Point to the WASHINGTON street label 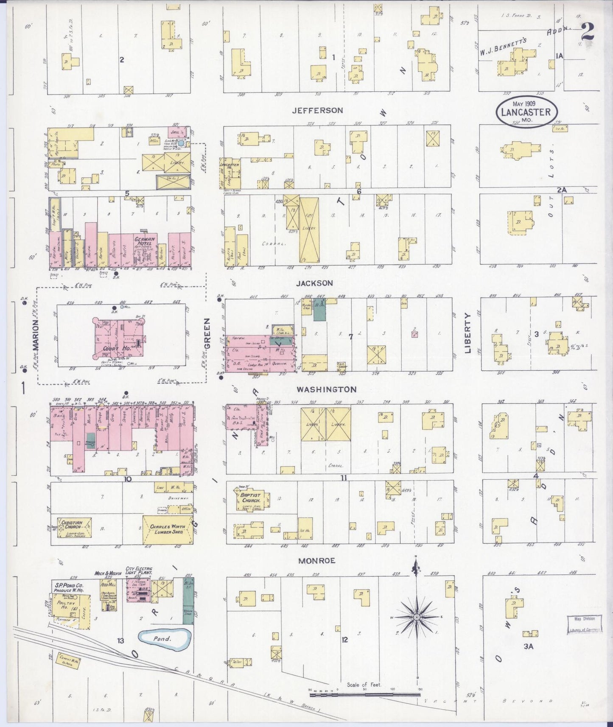(x=326, y=389)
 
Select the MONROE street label (x=316, y=561)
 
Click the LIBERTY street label (x=468, y=333)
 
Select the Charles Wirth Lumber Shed (x=168, y=530)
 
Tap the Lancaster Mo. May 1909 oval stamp (x=526, y=111)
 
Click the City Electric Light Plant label (x=139, y=571)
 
